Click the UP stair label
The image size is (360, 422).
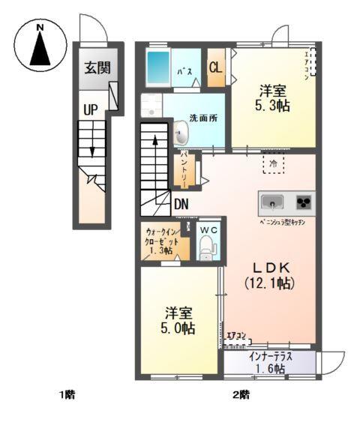[x=91, y=110]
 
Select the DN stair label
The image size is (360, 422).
[x=181, y=203]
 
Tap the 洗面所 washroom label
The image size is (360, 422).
[x=202, y=118]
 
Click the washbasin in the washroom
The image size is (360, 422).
[x=181, y=133]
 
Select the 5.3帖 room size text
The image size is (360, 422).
[x=273, y=106]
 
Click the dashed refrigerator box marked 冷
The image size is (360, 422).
[x=273, y=163]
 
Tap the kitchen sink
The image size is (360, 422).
[x=271, y=202]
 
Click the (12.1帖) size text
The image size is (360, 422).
[x=268, y=283]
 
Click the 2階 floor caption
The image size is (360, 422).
[x=240, y=394]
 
